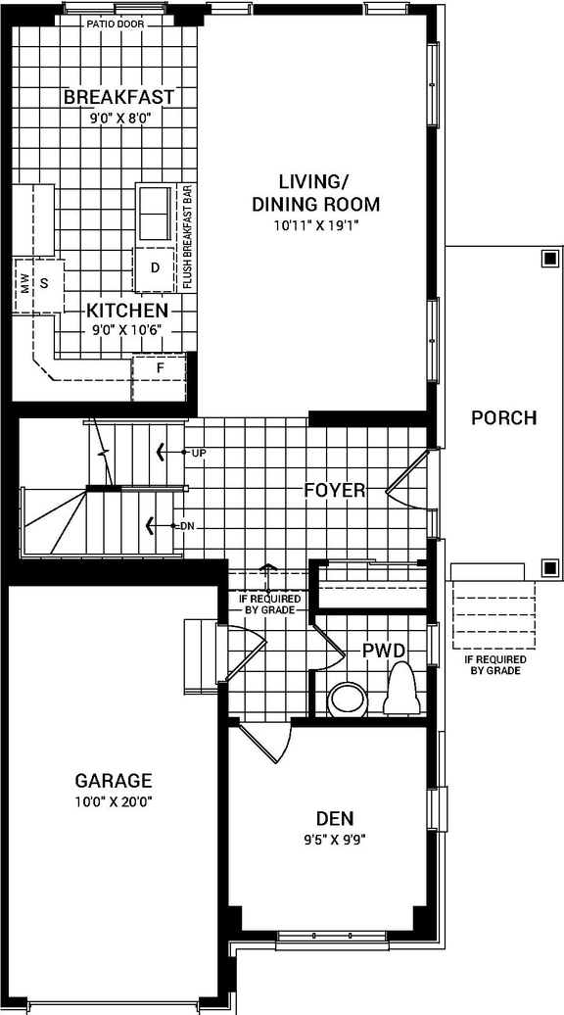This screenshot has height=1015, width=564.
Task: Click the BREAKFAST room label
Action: point(118,97)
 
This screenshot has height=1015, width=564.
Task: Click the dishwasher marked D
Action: point(155,267)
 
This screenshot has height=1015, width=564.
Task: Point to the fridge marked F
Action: point(161,367)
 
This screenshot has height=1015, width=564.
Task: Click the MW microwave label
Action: point(24,283)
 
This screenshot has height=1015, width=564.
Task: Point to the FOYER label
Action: point(334,490)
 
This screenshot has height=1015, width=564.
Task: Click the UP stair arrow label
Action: point(199,454)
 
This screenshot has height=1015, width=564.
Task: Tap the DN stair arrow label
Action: point(187,526)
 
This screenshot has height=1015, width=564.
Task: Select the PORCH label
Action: point(503,418)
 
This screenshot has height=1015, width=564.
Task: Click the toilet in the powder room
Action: point(402,689)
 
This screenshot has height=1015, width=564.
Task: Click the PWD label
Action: point(384,651)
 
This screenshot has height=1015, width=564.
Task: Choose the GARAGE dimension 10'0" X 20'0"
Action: point(114,801)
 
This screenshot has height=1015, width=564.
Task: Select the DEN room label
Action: point(335,818)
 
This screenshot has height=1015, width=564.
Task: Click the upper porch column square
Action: point(546,260)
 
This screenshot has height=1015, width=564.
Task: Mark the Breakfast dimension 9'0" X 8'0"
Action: point(118,118)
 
